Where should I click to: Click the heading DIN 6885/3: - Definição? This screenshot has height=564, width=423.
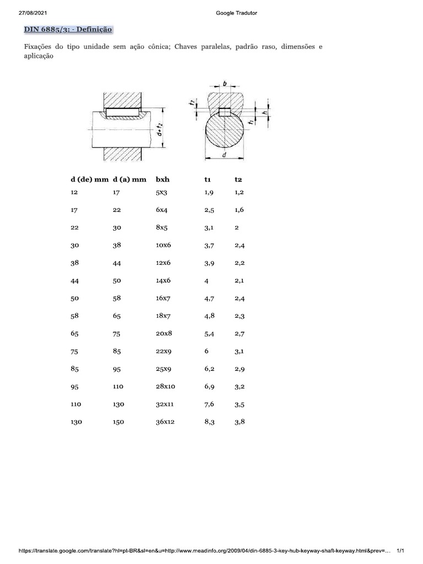pos(68,30)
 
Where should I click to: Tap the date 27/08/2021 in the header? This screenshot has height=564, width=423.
pos(32,13)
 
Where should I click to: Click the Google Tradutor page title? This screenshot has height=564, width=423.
pos(236,13)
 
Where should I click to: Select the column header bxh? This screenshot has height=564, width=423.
pos(162,180)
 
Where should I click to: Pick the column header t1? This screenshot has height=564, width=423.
pos(208,180)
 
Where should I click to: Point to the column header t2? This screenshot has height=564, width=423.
pos(238,180)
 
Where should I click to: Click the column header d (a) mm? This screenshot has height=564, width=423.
pos(129,180)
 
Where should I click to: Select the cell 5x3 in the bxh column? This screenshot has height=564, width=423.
pos(161,192)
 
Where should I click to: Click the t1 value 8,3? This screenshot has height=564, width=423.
pos(209,421)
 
